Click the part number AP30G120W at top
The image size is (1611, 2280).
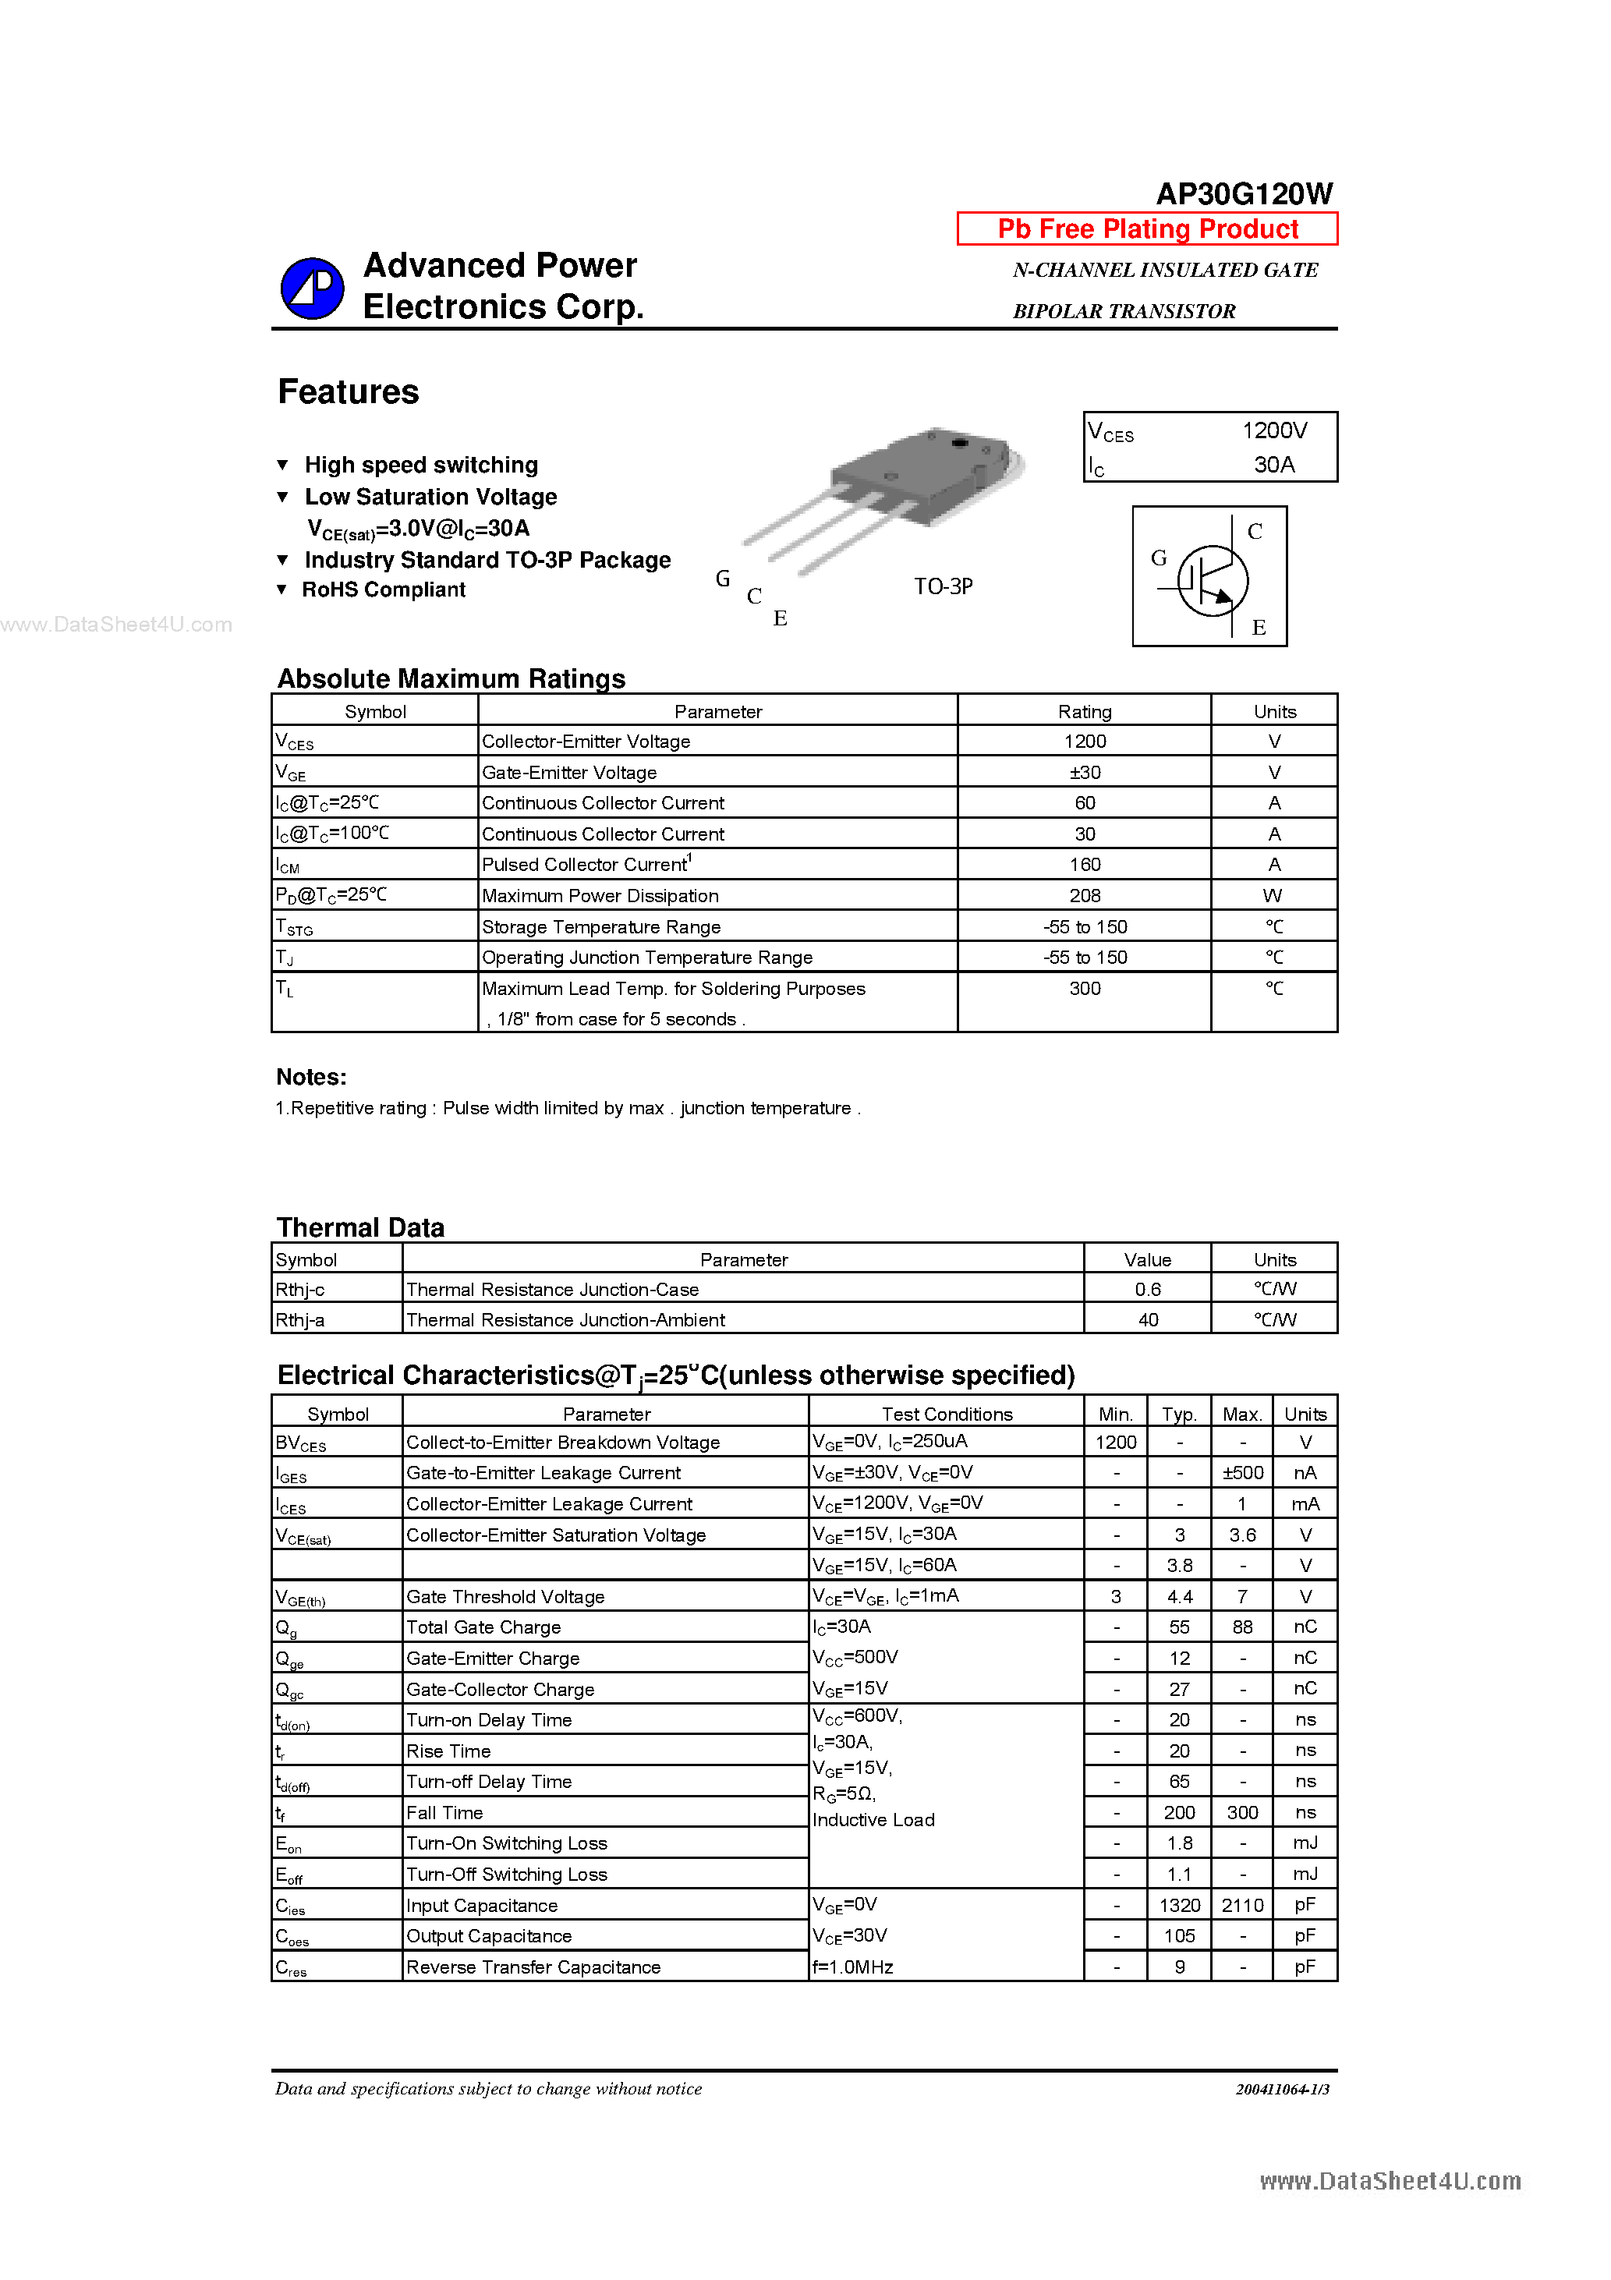[x=1244, y=193]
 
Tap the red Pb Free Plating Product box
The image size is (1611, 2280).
[x=1147, y=228]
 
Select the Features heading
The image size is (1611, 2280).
[x=348, y=392]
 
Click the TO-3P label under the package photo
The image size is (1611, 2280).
[x=943, y=587]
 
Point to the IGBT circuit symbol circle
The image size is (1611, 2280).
[x=1212, y=580]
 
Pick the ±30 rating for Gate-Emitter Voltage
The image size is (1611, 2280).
[x=1085, y=773]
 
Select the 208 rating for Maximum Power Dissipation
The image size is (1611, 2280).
[x=1085, y=896]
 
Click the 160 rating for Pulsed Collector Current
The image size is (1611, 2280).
[x=1085, y=865]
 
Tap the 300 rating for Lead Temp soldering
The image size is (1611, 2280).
[x=1085, y=989]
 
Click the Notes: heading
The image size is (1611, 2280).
[x=311, y=1078]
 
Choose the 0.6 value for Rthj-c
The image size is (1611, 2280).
[x=1147, y=1290]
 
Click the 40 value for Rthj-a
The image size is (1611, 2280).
[x=1147, y=1321]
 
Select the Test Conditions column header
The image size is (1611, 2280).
[x=947, y=1414]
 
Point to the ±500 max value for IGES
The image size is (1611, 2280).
[x=1241, y=1474]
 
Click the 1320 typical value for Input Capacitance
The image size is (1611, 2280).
[x=1179, y=1906]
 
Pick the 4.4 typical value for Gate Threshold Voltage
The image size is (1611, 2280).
[x=1179, y=1597]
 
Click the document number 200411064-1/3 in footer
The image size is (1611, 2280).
[x=1281, y=2089]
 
